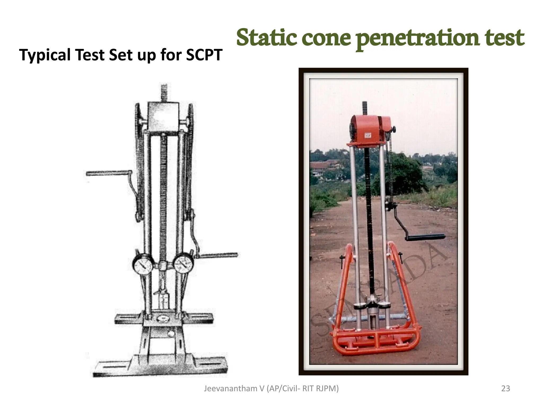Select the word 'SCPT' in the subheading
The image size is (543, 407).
204,55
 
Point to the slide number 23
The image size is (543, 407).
506,388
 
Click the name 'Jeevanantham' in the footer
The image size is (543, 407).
230,388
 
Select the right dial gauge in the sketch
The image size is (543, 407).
183,263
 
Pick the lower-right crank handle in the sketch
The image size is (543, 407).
219,255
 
